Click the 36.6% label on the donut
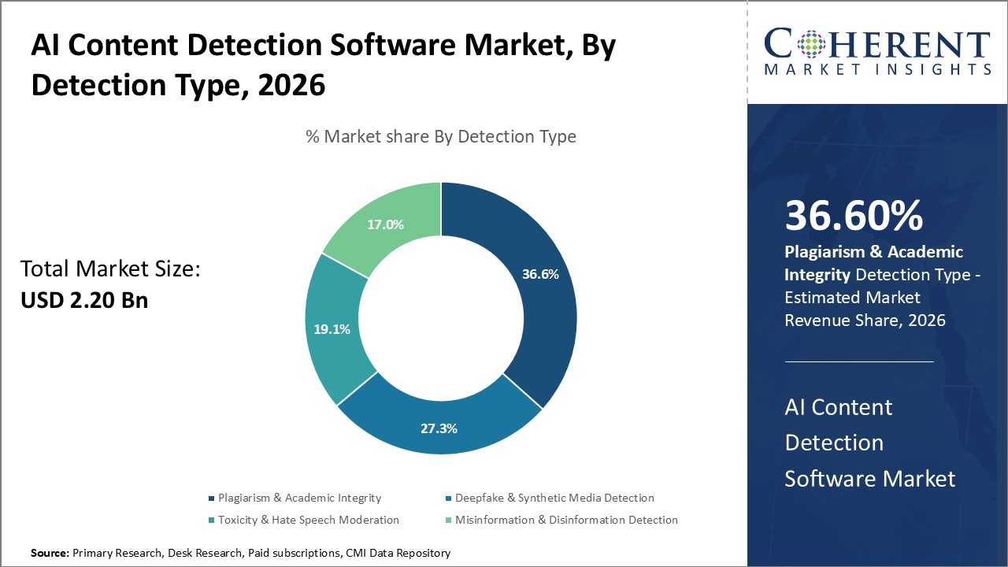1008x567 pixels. click(539, 275)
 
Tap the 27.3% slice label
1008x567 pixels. click(439, 428)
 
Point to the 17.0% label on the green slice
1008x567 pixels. click(385, 224)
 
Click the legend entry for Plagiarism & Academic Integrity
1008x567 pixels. click(299, 498)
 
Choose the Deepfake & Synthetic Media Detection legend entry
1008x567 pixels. click(554, 498)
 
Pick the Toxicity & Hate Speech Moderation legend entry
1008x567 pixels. click(308, 520)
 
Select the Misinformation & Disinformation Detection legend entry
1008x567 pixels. click(566, 520)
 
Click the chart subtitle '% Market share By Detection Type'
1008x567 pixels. click(440, 136)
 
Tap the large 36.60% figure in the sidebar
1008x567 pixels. click(854, 216)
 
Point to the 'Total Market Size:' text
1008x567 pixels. click(110, 269)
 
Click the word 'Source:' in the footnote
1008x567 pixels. click(50, 554)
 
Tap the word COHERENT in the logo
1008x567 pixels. click(876, 43)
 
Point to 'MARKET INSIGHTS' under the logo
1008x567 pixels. click(876, 69)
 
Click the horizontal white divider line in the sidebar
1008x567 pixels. click(858, 361)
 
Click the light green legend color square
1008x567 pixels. click(449, 520)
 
